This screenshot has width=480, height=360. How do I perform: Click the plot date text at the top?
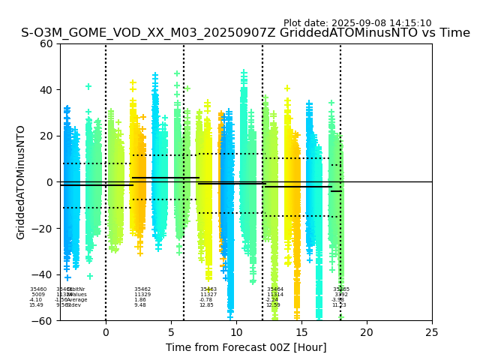357,23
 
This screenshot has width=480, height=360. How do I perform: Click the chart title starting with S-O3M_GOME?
245,34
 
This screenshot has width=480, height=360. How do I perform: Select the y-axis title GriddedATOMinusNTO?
21,182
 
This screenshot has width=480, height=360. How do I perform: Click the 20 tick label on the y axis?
46,136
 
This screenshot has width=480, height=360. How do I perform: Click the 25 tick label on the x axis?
432,331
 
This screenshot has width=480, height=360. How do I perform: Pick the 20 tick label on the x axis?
367,331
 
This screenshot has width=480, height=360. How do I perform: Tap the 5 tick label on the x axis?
171,331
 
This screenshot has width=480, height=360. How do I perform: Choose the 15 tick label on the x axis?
301,331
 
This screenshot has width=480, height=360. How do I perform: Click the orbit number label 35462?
142,289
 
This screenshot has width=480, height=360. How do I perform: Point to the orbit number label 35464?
275,289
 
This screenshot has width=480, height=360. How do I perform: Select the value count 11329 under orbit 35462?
142,295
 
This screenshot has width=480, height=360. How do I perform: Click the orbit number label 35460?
38,289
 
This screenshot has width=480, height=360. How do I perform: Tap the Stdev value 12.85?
206,305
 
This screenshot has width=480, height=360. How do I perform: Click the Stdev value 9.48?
140,305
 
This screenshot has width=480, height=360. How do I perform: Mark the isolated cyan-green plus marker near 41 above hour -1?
88,87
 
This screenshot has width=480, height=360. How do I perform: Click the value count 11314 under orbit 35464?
275,295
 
